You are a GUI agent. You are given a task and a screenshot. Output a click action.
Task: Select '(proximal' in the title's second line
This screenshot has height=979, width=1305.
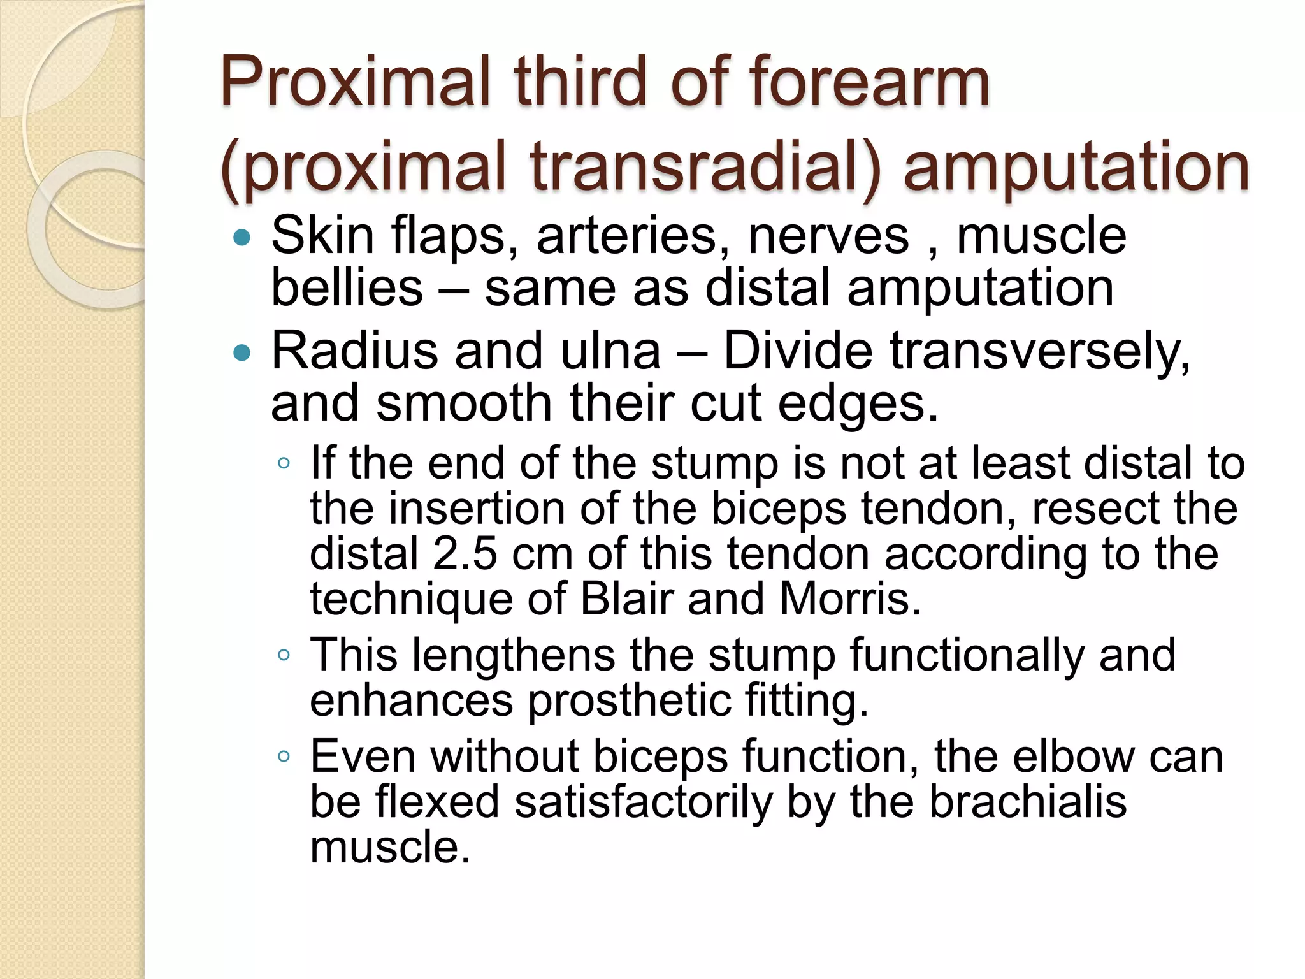[x=363, y=167]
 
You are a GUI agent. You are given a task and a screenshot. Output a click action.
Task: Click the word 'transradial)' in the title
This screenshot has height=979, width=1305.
[x=705, y=167]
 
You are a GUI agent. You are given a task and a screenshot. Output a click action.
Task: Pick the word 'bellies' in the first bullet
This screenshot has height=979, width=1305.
[x=347, y=287]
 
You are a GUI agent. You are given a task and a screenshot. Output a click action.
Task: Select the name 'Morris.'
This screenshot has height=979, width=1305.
[x=850, y=598]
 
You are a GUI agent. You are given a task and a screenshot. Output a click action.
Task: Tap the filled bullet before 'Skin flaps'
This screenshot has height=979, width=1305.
[x=242, y=238]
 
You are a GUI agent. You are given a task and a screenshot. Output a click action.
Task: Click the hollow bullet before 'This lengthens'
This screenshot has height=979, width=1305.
[x=284, y=655]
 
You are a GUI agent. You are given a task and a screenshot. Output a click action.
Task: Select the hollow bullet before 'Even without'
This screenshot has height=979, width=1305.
[x=284, y=757]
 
